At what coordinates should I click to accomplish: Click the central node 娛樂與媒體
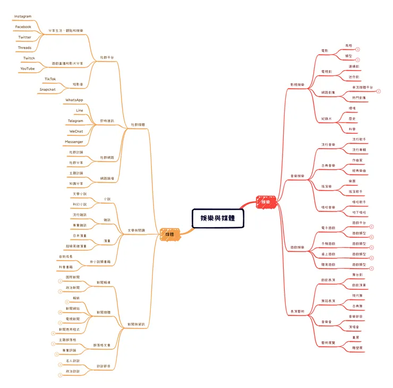click(x=218, y=218)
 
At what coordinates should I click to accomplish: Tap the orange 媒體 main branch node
click(x=170, y=233)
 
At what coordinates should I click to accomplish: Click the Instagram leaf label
click(x=23, y=17)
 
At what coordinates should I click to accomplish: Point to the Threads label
click(x=24, y=48)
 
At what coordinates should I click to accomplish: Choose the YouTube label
click(x=28, y=68)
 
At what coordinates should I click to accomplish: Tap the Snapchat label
click(x=47, y=89)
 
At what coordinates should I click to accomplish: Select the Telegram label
click(x=75, y=120)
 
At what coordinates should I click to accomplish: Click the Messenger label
click(x=74, y=142)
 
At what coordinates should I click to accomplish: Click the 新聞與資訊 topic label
click(x=136, y=324)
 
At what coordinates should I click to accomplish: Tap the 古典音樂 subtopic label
click(x=329, y=165)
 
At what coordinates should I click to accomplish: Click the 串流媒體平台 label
click(x=362, y=87)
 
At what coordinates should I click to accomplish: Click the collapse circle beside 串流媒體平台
click(x=379, y=91)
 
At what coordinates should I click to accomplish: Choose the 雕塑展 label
click(x=357, y=347)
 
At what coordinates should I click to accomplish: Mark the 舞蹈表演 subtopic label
click(x=329, y=300)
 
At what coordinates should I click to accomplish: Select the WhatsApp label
click(x=74, y=100)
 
